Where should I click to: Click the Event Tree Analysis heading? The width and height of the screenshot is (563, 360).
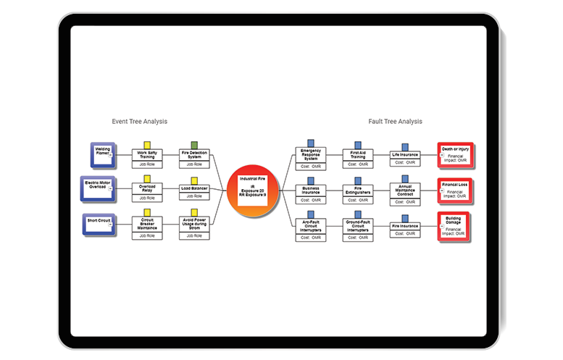coord(139,122)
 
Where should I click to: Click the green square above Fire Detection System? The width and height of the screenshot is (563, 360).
coord(194,145)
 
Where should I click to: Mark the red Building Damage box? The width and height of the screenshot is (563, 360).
coord(455,224)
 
